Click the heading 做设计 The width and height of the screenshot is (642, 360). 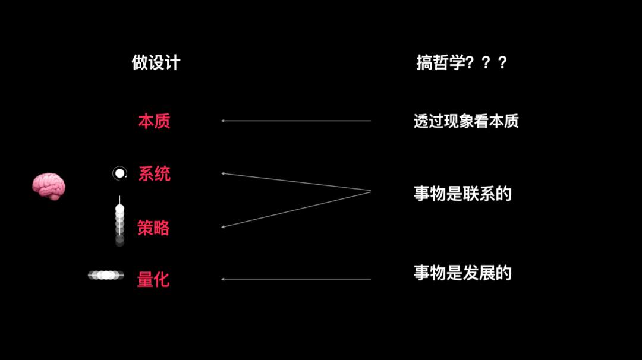pyautogui.click(x=156, y=63)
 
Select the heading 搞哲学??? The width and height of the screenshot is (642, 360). pyautogui.click(x=462, y=63)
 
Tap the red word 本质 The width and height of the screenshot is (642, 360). pyautogui.click(x=154, y=121)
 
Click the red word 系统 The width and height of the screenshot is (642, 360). pyautogui.click(x=154, y=173)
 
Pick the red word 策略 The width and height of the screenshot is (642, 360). pyautogui.click(x=153, y=228)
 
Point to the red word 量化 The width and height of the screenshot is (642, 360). pyautogui.click(x=153, y=279)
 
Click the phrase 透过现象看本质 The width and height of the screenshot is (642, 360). pyautogui.click(x=466, y=121)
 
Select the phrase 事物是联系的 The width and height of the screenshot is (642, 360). pyautogui.click(x=462, y=194)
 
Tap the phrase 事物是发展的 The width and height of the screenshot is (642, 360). pyautogui.click(x=462, y=273)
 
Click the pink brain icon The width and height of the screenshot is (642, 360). pyautogui.click(x=48, y=186)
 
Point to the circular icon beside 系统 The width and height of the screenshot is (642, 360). pyautogui.click(x=119, y=173)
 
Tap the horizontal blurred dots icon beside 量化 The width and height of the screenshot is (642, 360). pyautogui.click(x=106, y=275)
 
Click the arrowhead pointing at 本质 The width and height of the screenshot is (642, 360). pyautogui.click(x=223, y=121)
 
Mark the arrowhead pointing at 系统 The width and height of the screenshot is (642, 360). pyautogui.click(x=223, y=173)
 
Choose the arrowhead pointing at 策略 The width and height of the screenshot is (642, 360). pyautogui.click(x=223, y=226)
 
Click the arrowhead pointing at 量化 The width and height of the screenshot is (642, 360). pyautogui.click(x=223, y=279)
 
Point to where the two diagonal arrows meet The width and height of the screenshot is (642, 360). pyautogui.click(x=370, y=191)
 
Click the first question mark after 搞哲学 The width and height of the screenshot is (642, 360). pyautogui.click(x=471, y=63)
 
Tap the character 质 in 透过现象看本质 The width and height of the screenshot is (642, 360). pyautogui.click(x=512, y=121)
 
